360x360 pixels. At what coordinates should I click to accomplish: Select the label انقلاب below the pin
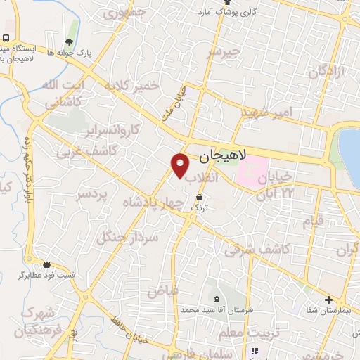coord(202,179)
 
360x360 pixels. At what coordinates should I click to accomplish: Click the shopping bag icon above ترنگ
coord(202,198)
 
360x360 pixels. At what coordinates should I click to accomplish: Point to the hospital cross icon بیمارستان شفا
coord(329,300)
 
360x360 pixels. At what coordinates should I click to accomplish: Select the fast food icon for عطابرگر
coord(46,265)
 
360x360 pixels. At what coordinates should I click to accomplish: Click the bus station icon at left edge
coord(6,39)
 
